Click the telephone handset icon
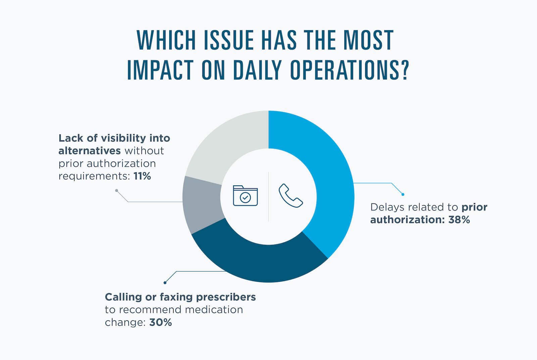(291, 195)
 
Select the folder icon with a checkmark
(245, 195)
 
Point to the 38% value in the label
(459, 220)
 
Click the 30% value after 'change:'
(160, 322)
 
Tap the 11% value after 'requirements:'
(142, 176)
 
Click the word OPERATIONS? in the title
(349, 70)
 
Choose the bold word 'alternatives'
(90, 151)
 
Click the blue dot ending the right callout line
(403, 194)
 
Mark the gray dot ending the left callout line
(116, 190)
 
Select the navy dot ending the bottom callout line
(165, 283)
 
